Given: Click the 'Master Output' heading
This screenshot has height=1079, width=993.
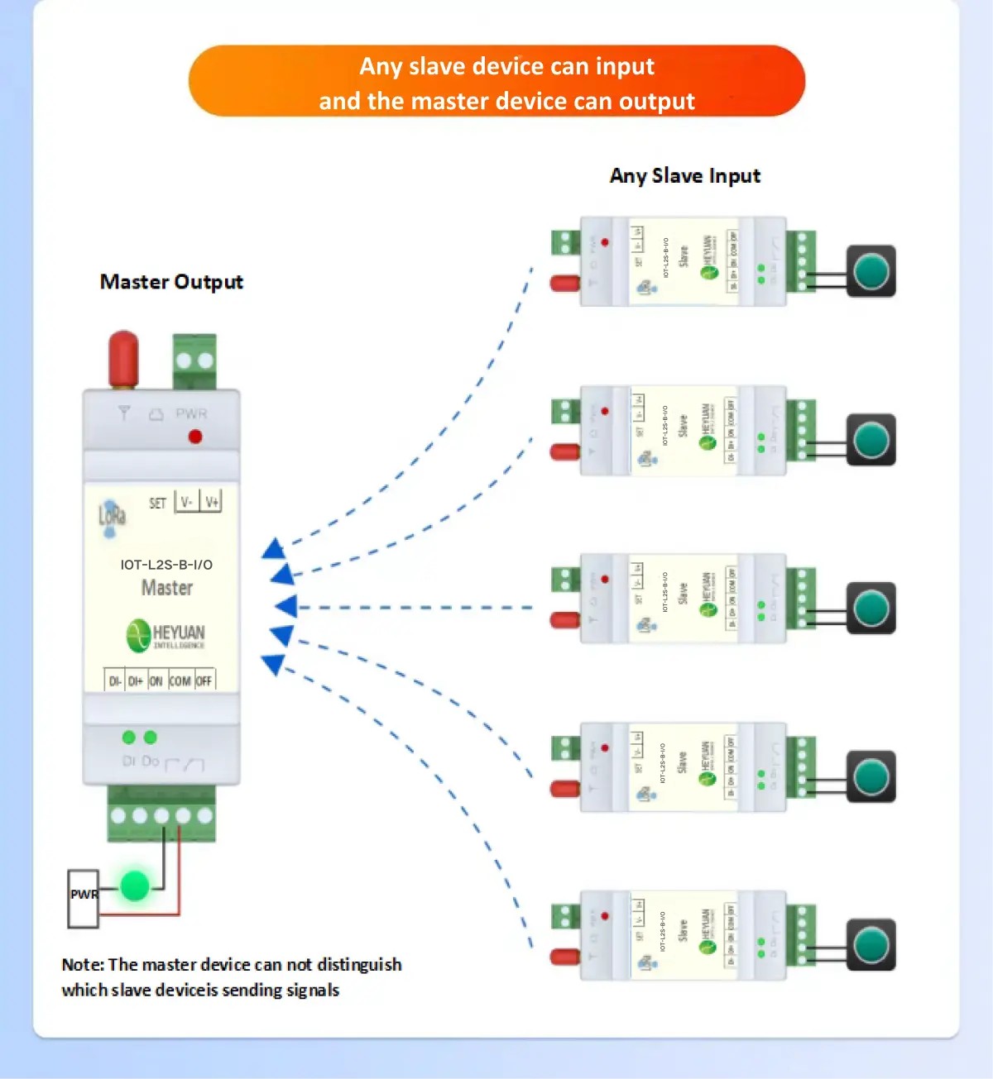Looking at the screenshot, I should pos(171,282).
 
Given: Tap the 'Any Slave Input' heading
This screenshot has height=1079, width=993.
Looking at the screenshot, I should pos(684,176).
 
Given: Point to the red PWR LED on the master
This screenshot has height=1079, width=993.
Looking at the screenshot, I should pos(195,437).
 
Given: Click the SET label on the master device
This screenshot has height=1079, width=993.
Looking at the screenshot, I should pos(157,503).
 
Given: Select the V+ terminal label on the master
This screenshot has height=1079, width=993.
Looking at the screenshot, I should pos(212,502).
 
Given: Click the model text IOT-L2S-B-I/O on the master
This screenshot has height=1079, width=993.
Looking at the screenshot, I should pos(166,565).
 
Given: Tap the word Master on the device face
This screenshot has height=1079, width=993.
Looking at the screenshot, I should pos(167,588).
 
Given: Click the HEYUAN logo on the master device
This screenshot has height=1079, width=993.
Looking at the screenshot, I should pos(165,635).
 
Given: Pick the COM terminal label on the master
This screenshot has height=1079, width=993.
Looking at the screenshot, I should pos(180,681).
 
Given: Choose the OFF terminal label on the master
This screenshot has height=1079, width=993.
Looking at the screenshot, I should pos(204,681).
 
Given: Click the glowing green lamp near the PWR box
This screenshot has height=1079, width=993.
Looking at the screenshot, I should pos(134,886).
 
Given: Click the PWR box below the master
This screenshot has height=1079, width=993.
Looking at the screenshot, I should pos(83,897).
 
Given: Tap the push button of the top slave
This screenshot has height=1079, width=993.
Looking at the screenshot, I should pos(871,271).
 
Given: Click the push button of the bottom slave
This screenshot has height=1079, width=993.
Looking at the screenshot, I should pos(871,945).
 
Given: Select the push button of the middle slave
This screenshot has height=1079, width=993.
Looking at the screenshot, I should pos(871,609).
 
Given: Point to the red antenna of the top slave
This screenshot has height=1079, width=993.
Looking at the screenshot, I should pos(564,284).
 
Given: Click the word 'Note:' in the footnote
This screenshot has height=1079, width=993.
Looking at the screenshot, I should pos(83,965).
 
